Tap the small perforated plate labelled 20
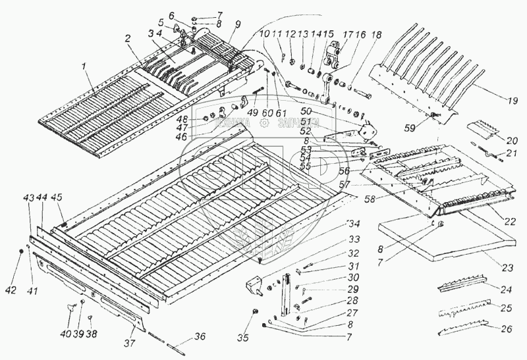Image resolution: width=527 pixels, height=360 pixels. click(x=484, y=130)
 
